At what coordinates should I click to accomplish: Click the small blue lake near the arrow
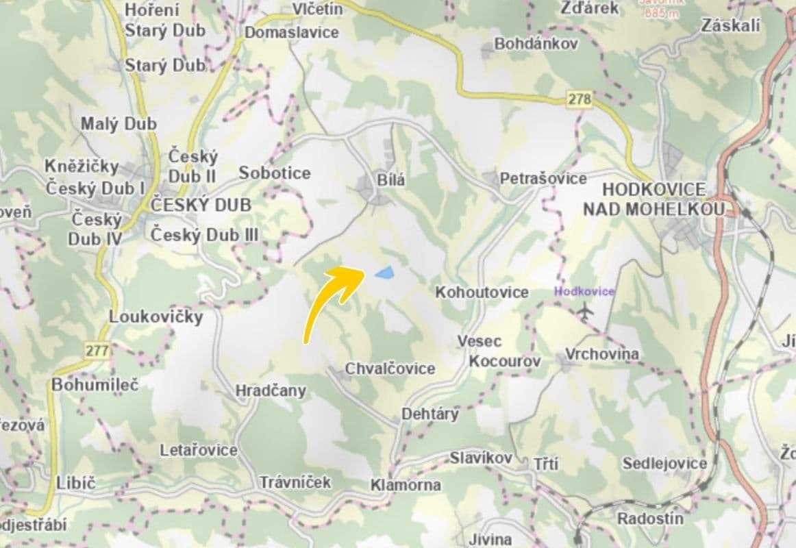click(x=384, y=273)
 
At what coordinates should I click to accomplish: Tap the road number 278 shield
click(x=580, y=99)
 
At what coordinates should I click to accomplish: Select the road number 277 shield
click(x=97, y=351)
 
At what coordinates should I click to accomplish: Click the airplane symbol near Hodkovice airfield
click(x=584, y=311)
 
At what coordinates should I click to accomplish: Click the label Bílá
click(x=391, y=181)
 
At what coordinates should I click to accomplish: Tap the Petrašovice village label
click(x=543, y=179)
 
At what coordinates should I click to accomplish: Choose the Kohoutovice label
click(x=482, y=292)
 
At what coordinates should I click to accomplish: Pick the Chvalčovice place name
click(x=390, y=369)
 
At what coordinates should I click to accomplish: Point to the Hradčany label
click(x=271, y=390)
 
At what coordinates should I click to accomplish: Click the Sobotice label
click(x=275, y=173)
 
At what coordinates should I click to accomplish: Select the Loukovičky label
click(x=156, y=316)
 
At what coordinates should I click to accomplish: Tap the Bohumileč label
click(x=95, y=384)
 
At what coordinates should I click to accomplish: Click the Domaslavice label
click(x=292, y=32)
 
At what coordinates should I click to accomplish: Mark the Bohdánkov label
click(x=536, y=43)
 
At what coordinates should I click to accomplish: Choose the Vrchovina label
click(x=602, y=354)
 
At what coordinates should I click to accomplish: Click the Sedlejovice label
click(x=664, y=464)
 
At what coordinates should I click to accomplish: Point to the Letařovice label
click(x=199, y=450)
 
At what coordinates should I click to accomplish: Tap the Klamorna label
click(x=406, y=485)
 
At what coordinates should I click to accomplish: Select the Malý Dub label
click(x=119, y=124)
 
